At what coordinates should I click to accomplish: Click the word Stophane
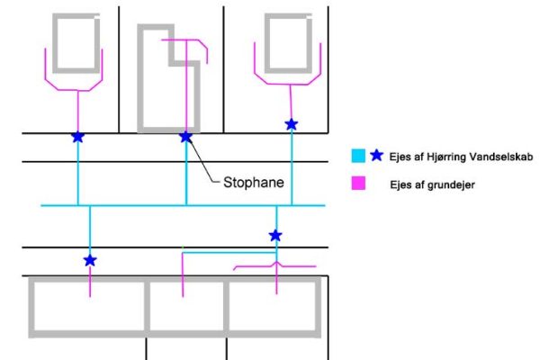click(x=254, y=182)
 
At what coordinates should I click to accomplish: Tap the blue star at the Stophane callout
click(x=186, y=137)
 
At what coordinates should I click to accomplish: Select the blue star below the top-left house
click(x=78, y=137)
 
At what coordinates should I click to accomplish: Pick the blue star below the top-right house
click(x=292, y=124)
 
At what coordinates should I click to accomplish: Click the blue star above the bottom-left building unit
click(x=90, y=260)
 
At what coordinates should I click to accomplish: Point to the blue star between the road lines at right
click(x=275, y=236)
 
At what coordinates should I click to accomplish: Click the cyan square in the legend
click(x=358, y=156)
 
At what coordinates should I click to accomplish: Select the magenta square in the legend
click(x=358, y=183)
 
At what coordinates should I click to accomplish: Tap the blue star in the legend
click(x=377, y=156)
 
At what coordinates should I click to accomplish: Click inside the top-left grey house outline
click(x=76, y=43)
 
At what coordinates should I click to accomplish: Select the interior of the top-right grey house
click(x=288, y=43)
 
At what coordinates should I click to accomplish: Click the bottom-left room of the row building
click(x=89, y=306)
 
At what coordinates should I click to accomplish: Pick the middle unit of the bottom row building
click(x=186, y=306)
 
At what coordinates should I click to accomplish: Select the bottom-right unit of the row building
click(x=272, y=306)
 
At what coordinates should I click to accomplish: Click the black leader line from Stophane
click(x=204, y=161)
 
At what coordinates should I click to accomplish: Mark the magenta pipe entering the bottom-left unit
click(x=90, y=282)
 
